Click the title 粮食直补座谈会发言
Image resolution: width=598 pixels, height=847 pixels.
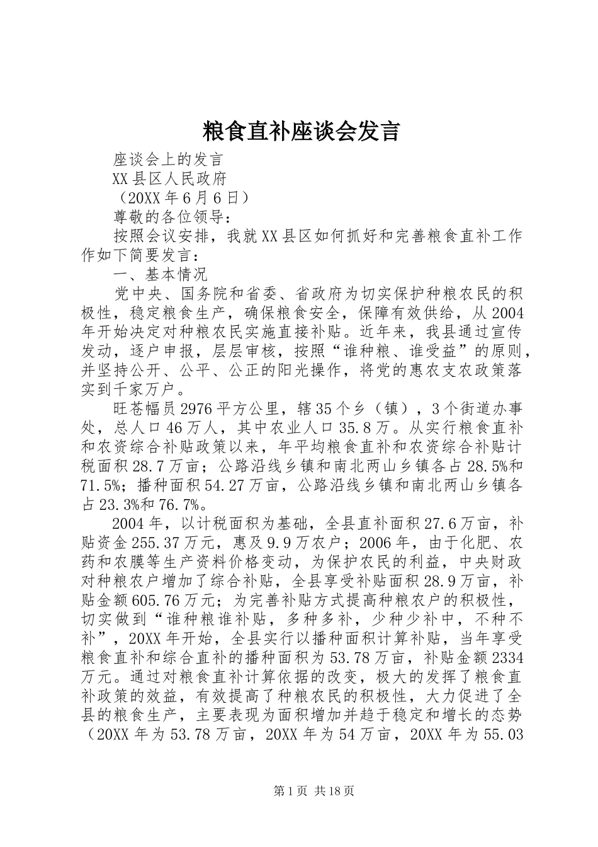click(301, 132)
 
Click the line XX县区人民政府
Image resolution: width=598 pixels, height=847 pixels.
click(169, 178)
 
